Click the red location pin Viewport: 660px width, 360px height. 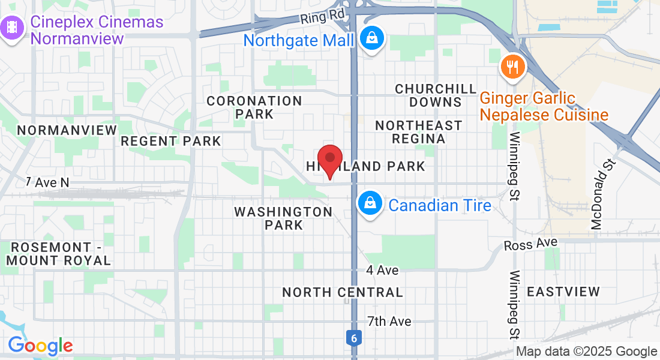coord(329,160)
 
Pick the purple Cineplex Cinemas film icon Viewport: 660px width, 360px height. coord(13,28)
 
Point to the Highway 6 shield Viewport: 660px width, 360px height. coord(354,338)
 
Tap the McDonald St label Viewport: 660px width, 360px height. coord(601,194)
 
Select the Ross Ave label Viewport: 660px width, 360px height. coord(530,244)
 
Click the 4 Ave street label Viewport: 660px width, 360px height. coord(382,270)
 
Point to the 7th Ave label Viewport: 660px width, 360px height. coord(389,321)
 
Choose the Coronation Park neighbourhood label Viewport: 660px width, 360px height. coord(254,107)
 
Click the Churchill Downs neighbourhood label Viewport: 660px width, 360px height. coord(436,95)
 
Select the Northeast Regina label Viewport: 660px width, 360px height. coord(418,132)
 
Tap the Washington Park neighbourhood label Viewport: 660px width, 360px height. coord(283,218)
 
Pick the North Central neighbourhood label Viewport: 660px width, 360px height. coord(343,292)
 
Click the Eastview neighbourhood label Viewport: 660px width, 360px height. coord(563,292)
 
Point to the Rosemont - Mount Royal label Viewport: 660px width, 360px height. coord(59,254)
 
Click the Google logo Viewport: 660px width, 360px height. coord(40,346)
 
